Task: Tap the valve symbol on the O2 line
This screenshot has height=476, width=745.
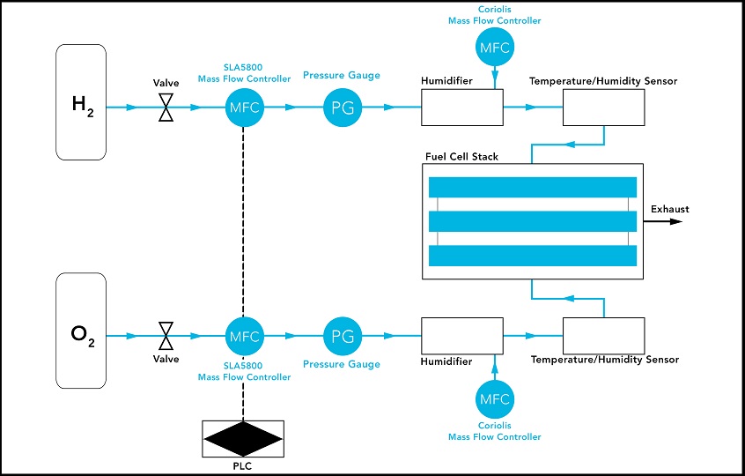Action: tap(165, 336)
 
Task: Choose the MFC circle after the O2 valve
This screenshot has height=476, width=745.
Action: tap(243, 336)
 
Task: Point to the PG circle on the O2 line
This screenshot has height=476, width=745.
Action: tap(341, 336)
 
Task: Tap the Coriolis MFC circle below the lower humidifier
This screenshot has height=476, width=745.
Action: tap(494, 401)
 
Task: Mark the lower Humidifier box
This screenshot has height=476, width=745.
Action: tap(461, 336)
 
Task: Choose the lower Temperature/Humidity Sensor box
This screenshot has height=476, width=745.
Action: tap(603, 336)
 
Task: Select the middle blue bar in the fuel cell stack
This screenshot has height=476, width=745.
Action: tap(532, 221)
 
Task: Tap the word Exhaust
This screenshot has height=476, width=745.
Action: tap(669, 209)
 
